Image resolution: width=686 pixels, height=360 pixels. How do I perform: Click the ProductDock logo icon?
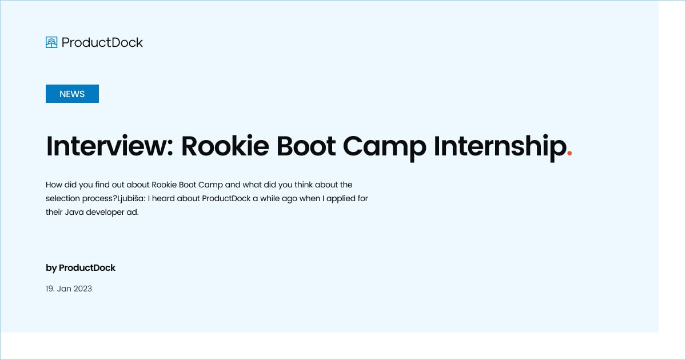click(51, 42)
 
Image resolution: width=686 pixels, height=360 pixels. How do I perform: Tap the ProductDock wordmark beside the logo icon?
click(102, 42)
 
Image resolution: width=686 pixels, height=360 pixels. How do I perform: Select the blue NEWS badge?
click(72, 94)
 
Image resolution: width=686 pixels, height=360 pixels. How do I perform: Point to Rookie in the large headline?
click(225, 146)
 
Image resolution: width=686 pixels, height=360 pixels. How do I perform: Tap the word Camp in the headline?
click(384, 146)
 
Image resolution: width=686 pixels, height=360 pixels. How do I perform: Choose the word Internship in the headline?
click(499, 147)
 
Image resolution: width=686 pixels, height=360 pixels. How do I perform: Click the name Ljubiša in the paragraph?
click(131, 198)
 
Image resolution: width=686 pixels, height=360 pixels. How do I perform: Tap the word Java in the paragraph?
click(75, 212)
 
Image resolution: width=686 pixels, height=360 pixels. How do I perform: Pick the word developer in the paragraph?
click(105, 212)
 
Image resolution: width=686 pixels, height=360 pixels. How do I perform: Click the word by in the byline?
click(51, 267)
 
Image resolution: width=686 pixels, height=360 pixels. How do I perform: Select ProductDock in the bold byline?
click(87, 267)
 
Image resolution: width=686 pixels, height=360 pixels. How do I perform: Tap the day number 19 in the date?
click(50, 289)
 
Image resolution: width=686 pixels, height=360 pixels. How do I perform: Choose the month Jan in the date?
click(65, 289)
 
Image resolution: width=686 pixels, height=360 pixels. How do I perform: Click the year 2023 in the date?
click(83, 289)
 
